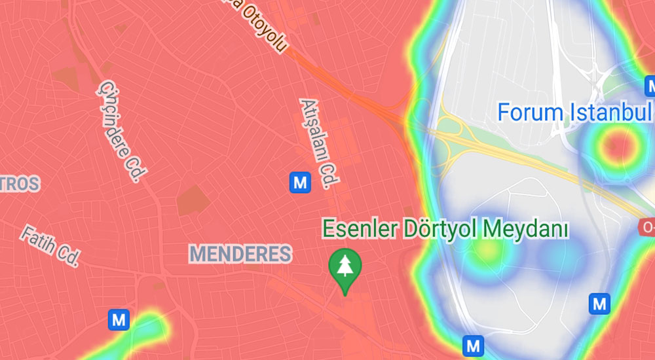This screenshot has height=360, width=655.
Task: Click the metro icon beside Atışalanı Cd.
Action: tap(301, 182)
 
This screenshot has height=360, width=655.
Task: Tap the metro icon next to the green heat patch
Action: tap(119, 320)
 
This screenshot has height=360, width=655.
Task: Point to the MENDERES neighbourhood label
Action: tap(240, 254)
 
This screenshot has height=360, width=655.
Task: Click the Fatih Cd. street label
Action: tap(50, 246)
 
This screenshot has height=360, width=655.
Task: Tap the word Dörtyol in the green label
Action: tap(440, 230)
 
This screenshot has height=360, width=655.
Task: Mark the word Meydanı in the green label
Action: tap(525, 230)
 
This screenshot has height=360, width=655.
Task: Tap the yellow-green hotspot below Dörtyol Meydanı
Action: tap(486, 249)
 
